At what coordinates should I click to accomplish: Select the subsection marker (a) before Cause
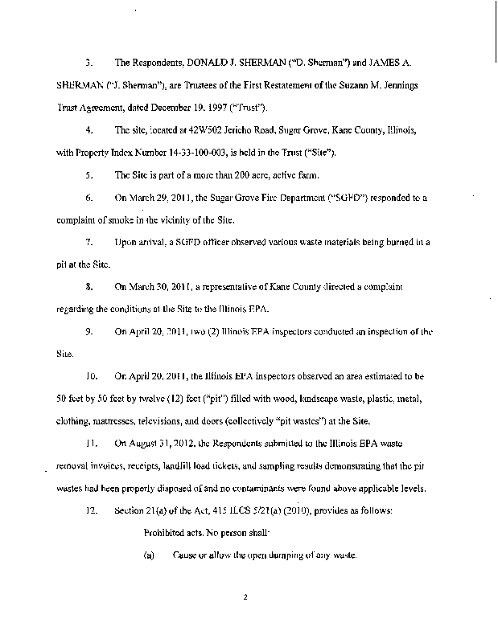(149, 555)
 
